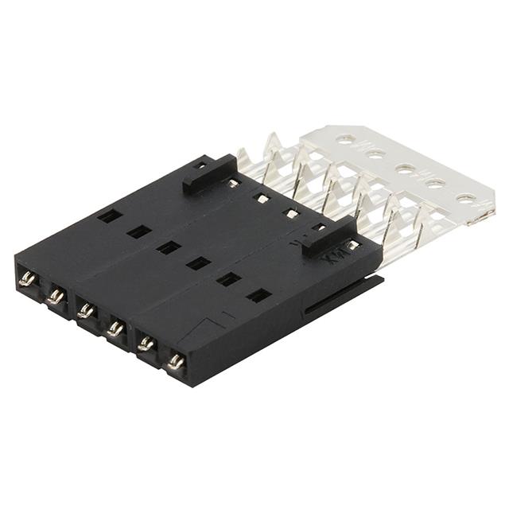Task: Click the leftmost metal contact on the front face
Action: (x=26, y=279)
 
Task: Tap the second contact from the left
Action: (x=55, y=297)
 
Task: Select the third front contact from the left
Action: (x=86, y=310)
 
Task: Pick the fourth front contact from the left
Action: (x=115, y=328)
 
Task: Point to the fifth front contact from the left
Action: (x=146, y=344)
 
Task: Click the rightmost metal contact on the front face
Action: (x=176, y=362)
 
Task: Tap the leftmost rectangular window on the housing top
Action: (x=110, y=216)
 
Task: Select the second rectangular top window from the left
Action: (x=139, y=231)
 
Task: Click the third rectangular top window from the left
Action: (x=169, y=247)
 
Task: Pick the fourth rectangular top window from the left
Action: (x=198, y=262)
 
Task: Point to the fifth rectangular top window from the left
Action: (x=228, y=279)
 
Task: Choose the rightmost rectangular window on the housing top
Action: (x=258, y=296)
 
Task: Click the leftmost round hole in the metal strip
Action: (x=345, y=138)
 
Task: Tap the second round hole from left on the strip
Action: (x=375, y=153)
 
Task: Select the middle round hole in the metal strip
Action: (x=406, y=169)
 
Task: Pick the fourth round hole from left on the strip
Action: (x=435, y=183)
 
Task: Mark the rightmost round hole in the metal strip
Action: (x=465, y=198)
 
